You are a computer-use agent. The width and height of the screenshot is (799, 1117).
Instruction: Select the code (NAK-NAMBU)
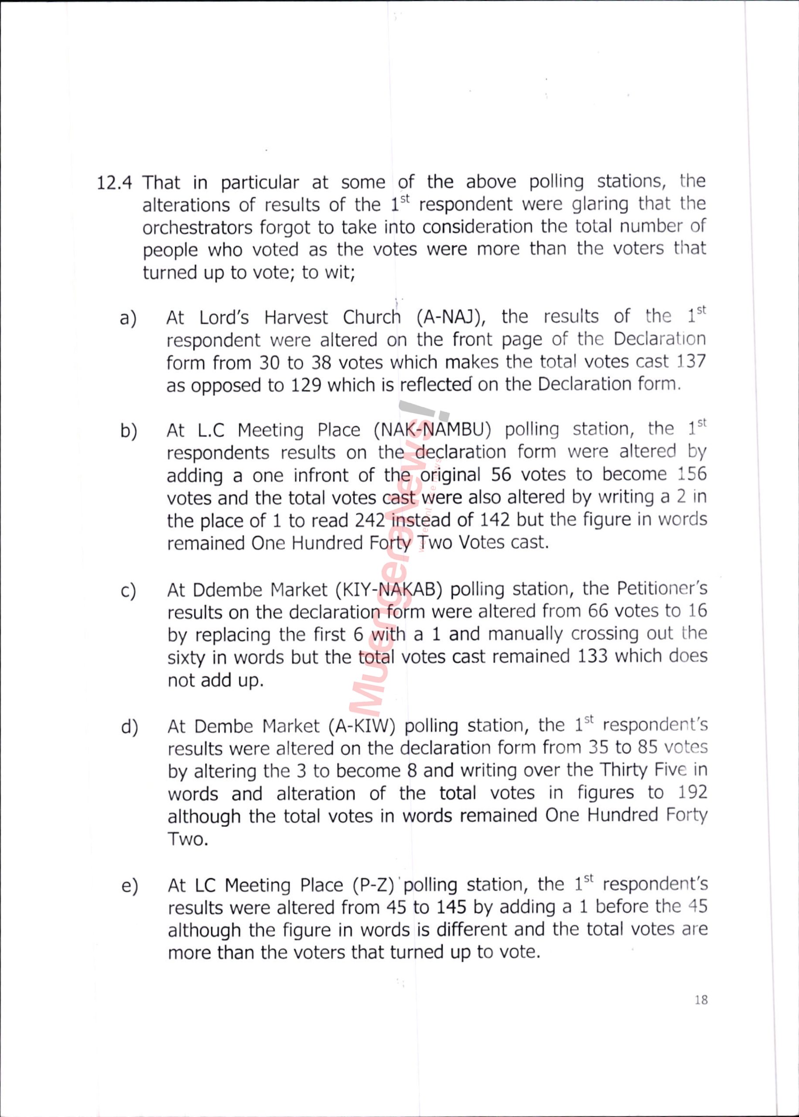[433, 430]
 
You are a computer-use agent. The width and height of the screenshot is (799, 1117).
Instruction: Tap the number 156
[691, 475]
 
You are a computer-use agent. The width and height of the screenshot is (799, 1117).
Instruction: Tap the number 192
[692, 793]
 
